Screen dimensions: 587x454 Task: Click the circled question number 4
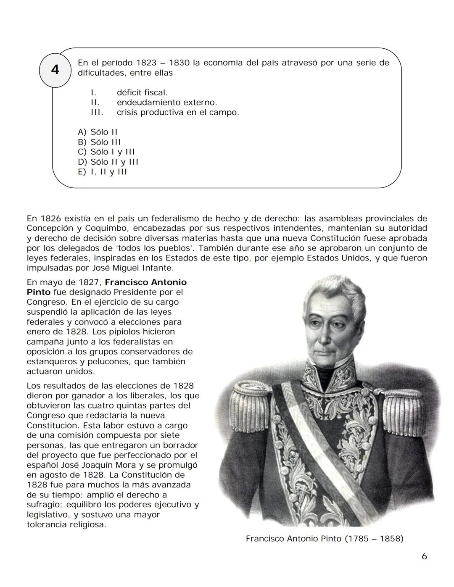[x=55, y=69]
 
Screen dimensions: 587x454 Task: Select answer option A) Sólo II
[x=98, y=132]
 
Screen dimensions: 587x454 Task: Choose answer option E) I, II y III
[x=102, y=172]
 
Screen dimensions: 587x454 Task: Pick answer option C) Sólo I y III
[x=106, y=152]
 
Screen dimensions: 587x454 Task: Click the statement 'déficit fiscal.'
[x=142, y=92]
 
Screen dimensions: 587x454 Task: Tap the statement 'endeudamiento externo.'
[x=166, y=103]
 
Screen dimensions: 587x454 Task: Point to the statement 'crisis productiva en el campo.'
[x=177, y=113]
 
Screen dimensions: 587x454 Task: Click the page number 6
[x=424, y=556]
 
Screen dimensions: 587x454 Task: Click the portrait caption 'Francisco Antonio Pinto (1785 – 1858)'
[x=325, y=539]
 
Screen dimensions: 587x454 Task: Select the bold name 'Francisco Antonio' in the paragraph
[x=145, y=282]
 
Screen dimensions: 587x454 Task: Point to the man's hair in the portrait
[x=332, y=290]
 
